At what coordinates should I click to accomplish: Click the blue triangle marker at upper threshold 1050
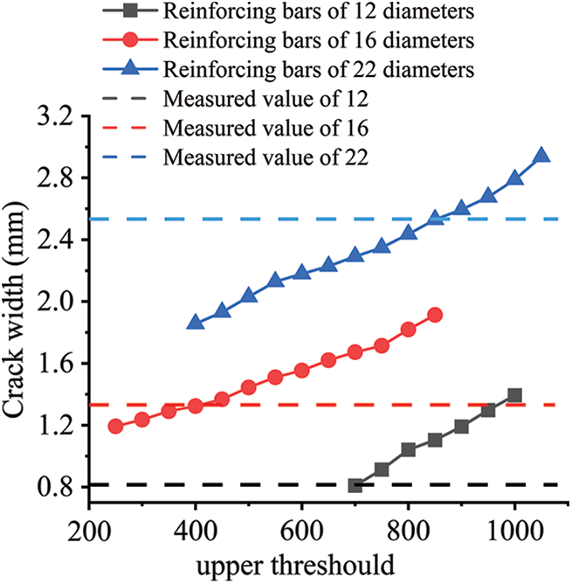[541, 156]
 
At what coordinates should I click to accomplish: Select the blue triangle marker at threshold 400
[195, 323]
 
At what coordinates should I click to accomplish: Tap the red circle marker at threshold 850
[435, 315]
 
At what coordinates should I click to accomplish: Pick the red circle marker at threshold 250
[115, 426]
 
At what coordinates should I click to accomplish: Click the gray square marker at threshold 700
[355, 485]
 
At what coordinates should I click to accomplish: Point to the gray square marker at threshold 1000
[514, 395]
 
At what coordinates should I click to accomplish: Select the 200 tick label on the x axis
[88, 530]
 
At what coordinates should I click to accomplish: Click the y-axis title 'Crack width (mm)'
[19, 310]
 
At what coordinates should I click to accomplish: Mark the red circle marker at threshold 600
[301, 371]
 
